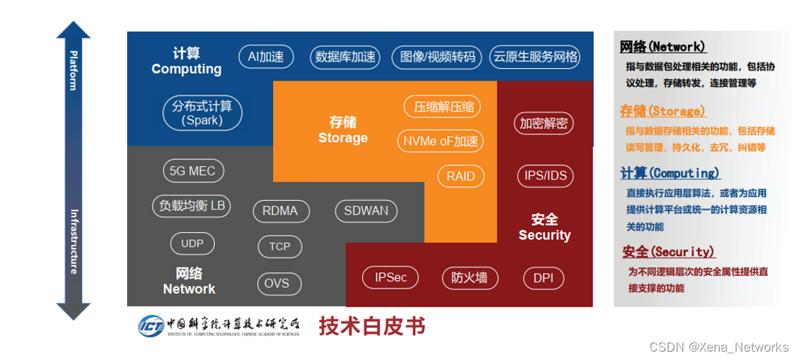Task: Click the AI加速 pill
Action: [x=266, y=57]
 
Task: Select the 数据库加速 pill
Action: [x=345, y=57]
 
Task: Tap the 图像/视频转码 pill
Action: [x=437, y=57]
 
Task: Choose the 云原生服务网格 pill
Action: [x=536, y=57]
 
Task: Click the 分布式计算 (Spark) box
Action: [x=202, y=113]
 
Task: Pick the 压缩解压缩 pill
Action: [x=444, y=107]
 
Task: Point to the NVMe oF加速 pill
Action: [x=441, y=141]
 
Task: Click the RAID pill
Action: [x=461, y=176]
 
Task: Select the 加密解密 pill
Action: [x=543, y=124]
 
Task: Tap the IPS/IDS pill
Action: [x=545, y=175]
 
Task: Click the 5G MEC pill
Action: [x=192, y=171]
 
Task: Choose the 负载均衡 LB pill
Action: [x=192, y=206]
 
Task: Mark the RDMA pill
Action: [x=279, y=211]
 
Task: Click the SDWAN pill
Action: [x=366, y=211]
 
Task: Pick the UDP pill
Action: [x=192, y=244]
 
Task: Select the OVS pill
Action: [x=277, y=283]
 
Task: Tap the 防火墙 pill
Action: [x=469, y=278]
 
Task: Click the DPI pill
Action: [x=543, y=278]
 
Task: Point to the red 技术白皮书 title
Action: [x=372, y=326]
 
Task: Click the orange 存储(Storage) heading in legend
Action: [x=662, y=111]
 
